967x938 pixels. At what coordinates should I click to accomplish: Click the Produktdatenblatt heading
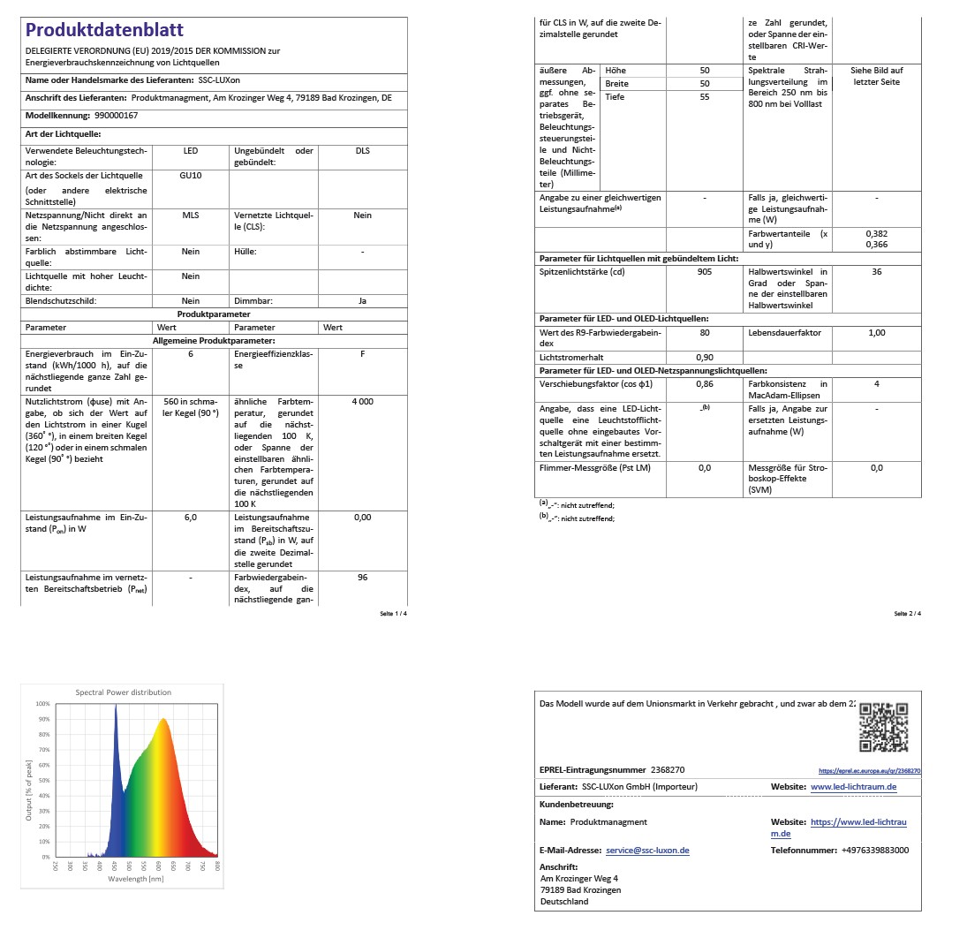coord(104,30)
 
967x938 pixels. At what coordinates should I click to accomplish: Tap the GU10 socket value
coord(191,176)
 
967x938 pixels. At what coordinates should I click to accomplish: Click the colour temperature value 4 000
coord(362,401)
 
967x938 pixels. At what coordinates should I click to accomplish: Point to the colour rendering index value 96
coord(362,578)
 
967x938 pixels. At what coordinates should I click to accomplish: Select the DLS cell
coord(362,151)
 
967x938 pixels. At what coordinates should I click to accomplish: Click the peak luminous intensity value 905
coord(705,272)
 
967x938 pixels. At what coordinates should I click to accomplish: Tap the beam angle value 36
coord(876,272)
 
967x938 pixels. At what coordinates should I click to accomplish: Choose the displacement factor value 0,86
coord(705,384)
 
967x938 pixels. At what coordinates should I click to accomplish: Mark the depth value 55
coord(705,97)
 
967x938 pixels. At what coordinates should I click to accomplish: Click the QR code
coord(883,726)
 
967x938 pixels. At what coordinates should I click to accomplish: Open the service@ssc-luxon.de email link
coord(647,851)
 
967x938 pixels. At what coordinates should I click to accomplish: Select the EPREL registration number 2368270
coord(668,770)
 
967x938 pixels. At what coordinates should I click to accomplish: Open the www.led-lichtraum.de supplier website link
coord(853,787)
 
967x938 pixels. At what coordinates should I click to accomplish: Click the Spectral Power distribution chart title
coord(124,692)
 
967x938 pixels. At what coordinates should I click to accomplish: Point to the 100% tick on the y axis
coord(44,704)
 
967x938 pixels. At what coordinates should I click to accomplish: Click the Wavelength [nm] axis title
coord(136,879)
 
